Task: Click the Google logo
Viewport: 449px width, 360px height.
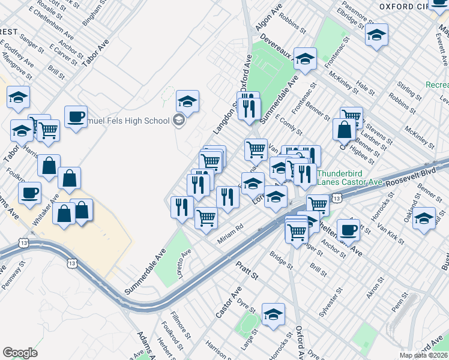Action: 20,353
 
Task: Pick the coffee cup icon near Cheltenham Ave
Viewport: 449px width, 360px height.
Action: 348,229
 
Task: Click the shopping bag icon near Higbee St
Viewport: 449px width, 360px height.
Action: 345,129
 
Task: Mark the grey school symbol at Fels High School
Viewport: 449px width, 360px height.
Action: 178,121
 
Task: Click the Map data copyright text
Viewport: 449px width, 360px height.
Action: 424,355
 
